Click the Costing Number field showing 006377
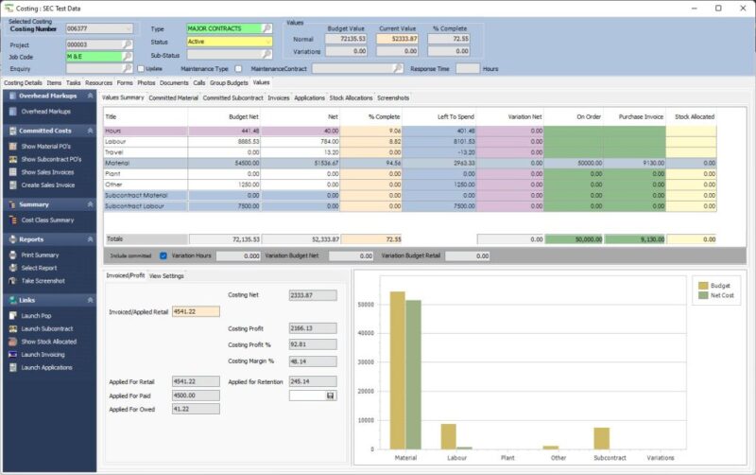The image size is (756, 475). pyautogui.click(x=98, y=29)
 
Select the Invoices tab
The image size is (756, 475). pyautogui.click(x=279, y=97)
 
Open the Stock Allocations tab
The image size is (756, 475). pyautogui.click(x=351, y=97)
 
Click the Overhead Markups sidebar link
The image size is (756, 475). pyautogui.click(x=45, y=112)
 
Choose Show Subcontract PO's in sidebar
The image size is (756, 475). pyautogui.click(x=54, y=159)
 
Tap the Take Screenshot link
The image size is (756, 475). pyautogui.click(x=43, y=281)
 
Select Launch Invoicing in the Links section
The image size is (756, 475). pyautogui.click(x=43, y=354)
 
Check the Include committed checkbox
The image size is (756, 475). pyautogui.click(x=163, y=255)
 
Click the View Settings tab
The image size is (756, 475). pyautogui.click(x=166, y=275)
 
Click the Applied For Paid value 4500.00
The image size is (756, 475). pyautogui.click(x=195, y=396)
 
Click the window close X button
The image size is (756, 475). pyautogui.click(x=742, y=8)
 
